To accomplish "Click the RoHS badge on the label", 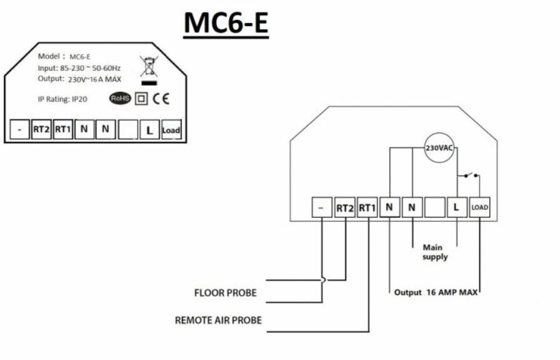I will (120, 98).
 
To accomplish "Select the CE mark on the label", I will (161, 99).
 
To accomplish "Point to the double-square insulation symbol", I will (142, 99).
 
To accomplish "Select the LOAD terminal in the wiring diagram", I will (479, 207).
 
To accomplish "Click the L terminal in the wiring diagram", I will (457, 207).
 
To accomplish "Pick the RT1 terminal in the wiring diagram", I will (367, 207).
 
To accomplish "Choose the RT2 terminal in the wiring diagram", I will (345, 207).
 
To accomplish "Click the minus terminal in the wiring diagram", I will (322, 207).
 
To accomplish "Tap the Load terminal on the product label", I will (171, 130).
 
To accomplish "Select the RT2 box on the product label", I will (41, 130).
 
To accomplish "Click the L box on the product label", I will (149, 130).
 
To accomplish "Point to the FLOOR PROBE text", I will (225, 292).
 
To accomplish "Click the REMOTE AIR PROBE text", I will (217, 321).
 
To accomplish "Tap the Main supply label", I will (435, 252).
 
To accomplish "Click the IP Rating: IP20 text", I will (62, 99).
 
